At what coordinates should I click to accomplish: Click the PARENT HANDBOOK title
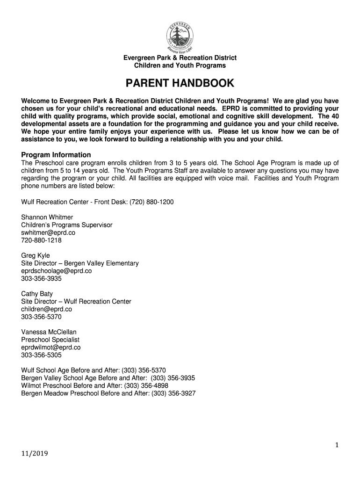pyautogui.click(x=180, y=84)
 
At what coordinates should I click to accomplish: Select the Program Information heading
pyautogui.click(x=56, y=155)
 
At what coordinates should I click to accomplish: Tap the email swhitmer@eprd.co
pyautogui.click(x=48, y=232)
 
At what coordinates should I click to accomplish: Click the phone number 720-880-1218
pyautogui.click(x=41, y=240)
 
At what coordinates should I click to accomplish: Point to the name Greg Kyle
pyautogui.click(x=36, y=255)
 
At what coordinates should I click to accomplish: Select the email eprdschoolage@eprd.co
pyautogui.click(x=56, y=271)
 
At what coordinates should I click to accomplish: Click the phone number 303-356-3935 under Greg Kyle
pyautogui.click(x=41, y=278)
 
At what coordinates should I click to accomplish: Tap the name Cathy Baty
pyautogui.click(x=37, y=294)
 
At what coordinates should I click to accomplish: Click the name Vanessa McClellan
pyautogui.click(x=49, y=332)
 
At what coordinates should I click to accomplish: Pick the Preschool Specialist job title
pyautogui.click(x=50, y=340)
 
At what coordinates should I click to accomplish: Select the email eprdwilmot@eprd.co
pyautogui.click(x=51, y=348)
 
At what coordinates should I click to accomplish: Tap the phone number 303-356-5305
pyautogui.click(x=41, y=355)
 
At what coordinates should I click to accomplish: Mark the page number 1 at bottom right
pyautogui.click(x=336, y=446)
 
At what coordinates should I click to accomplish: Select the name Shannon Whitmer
pyautogui.click(x=46, y=217)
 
